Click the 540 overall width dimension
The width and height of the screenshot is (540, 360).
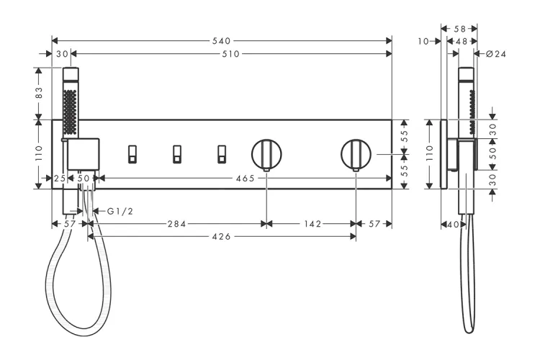[x=221, y=41]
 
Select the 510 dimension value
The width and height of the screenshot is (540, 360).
[x=230, y=54]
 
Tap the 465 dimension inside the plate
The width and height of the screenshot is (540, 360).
[x=246, y=179]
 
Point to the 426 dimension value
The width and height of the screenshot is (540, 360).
[x=222, y=237]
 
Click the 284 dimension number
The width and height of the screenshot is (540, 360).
[x=176, y=224]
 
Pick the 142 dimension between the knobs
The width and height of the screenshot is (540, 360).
[x=312, y=224]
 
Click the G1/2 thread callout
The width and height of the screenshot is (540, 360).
[x=120, y=211]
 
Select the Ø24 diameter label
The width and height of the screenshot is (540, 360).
[x=496, y=54]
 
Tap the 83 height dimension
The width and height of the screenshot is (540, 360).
[x=39, y=93]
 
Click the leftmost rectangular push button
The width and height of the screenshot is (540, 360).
[x=132, y=154]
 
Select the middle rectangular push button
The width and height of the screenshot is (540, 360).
[x=177, y=154]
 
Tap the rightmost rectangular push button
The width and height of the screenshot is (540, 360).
[x=222, y=154]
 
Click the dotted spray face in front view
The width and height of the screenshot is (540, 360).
[x=70, y=112]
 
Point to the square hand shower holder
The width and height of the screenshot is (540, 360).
[x=83, y=154]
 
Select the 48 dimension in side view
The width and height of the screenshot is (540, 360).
[x=462, y=42]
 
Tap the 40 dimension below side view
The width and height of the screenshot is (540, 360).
[x=453, y=225]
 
